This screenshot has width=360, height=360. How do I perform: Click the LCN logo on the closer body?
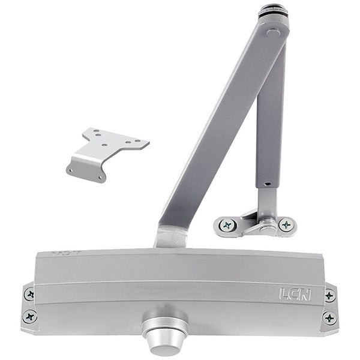tap(295, 295)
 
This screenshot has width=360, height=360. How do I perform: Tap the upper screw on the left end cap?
tap(29, 294)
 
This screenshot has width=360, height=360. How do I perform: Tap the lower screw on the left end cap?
tap(29, 316)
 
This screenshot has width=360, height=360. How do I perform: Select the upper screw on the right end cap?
tap(329, 296)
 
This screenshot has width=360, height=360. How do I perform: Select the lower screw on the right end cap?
tap(329, 318)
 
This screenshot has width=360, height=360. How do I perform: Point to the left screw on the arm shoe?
tap(227, 225)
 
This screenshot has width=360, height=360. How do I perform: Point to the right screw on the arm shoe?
tap(287, 224)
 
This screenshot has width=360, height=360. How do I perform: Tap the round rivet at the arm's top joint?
tap(273, 34)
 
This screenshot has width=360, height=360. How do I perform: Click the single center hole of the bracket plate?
tap(104, 145)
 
